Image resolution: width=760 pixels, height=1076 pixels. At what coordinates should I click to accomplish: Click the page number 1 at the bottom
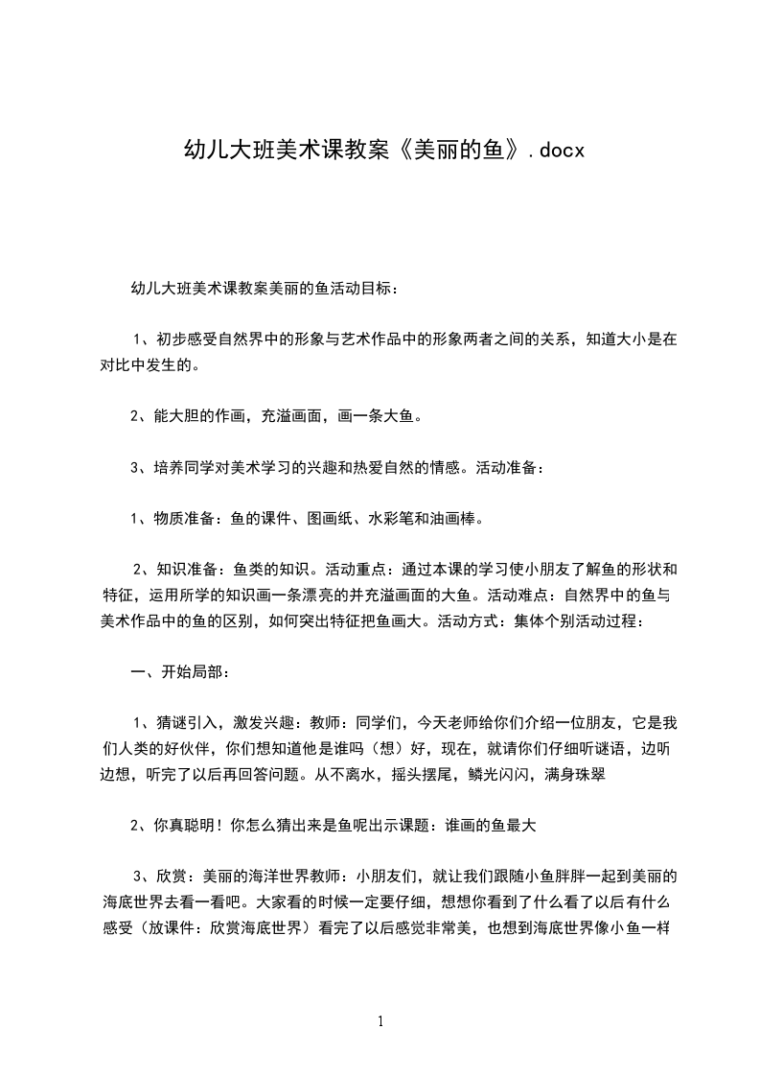point(380,1021)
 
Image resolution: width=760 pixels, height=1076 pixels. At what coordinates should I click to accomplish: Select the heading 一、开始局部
point(179,671)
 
